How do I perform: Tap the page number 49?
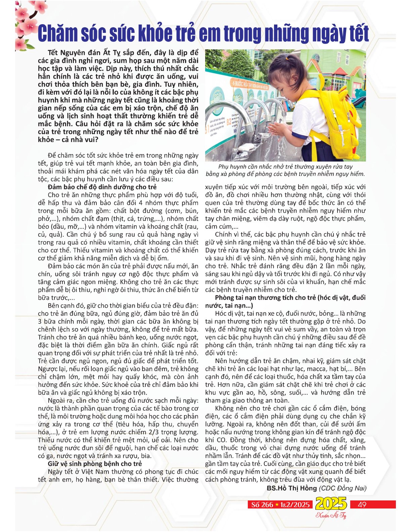[x=362, y=504]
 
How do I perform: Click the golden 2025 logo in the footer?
[x=330, y=504]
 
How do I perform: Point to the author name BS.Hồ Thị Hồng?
[x=291, y=488]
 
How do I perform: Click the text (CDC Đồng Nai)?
[x=342, y=488]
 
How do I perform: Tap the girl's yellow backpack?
[x=339, y=121]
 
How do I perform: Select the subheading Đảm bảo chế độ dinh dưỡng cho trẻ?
[x=102, y=187]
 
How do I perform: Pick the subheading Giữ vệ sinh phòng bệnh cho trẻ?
[x=95, y=464]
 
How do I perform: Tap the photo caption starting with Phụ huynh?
[x=285, y=170]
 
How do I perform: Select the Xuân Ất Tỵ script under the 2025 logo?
[x=330, y=516]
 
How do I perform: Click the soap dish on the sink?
[x=248, y=147]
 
